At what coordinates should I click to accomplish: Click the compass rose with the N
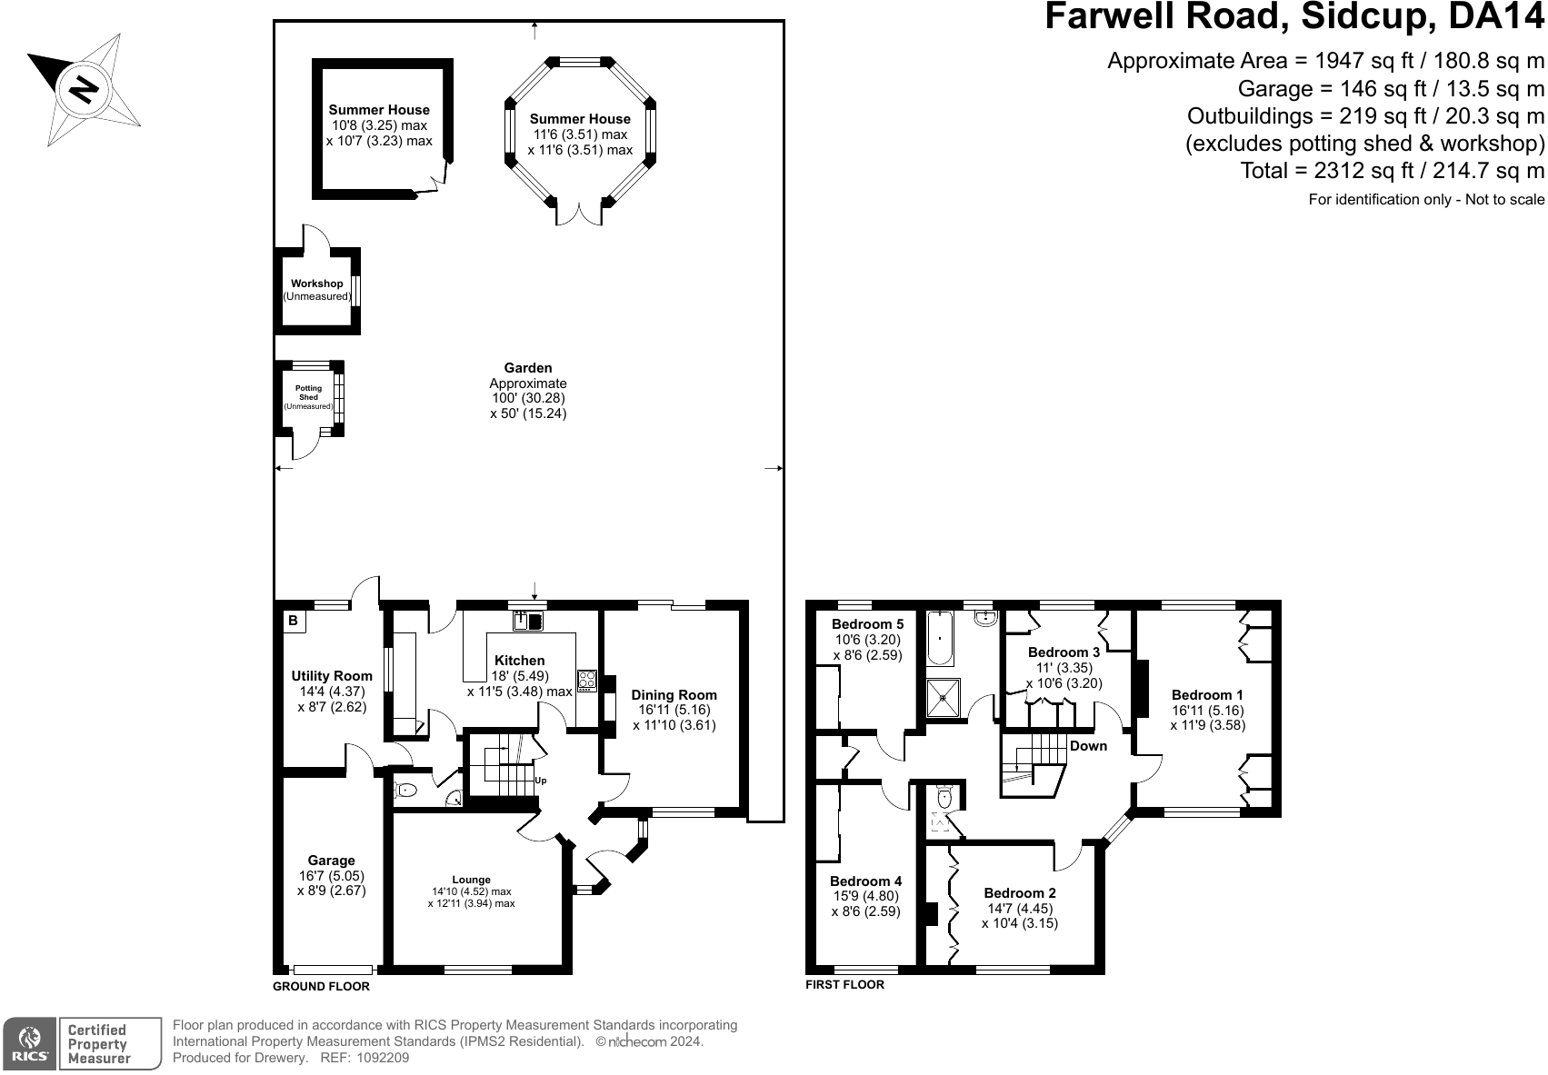pyautogui.click(x=84, y=89)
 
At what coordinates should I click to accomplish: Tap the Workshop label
pyautogui.click(x=316, y=284)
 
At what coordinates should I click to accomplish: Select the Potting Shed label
pyautogui.click(x=308, y=393)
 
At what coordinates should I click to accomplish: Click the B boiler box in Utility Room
pyautogui.click(x=294, y=621)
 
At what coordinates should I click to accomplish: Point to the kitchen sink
pyautogui.click(x=529, y=621)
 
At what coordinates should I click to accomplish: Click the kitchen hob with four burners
pyautogui.click(x=586, y=681)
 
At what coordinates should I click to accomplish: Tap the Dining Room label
pyautogui.click(x=674, y=695)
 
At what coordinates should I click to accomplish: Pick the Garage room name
pyautogui.click(x=331, y=861)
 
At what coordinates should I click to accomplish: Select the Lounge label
pyautogui.click(x=472, y=880)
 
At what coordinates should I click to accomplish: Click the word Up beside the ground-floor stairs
pyautogui.click(x=541, y=781)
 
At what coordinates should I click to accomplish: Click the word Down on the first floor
pyautogui.click(x=1088, y=746)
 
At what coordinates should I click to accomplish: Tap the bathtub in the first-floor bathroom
pyautogui.click(x=940, y=639)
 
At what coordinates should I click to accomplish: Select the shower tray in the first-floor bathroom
pyautogui.click(x=944, y=698)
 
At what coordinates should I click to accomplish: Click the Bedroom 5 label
pyautogui.click(x=867, y=624)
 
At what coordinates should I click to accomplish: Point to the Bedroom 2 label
pyautogui.click(x=1020, y=893)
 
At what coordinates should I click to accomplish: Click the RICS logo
pyautogui.click(x=30, y=1044)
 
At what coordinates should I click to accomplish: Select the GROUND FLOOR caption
pyautogui.click(x=322, y=987)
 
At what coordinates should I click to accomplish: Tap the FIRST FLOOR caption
pyautogui.click(x=845, y=984)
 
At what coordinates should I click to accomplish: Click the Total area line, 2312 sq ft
pyautogui.click(x=1392, y=171)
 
